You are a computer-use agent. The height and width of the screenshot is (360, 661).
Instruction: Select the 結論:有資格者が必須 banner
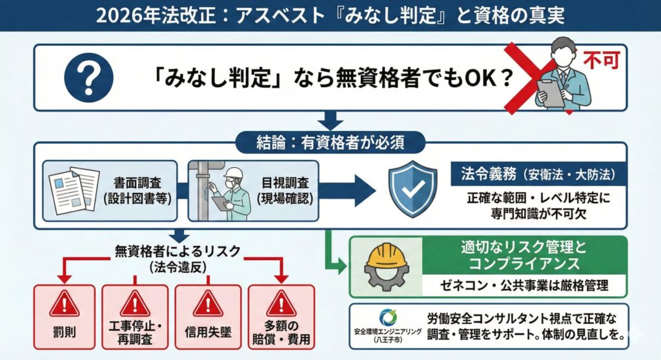[x=330, y=140]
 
